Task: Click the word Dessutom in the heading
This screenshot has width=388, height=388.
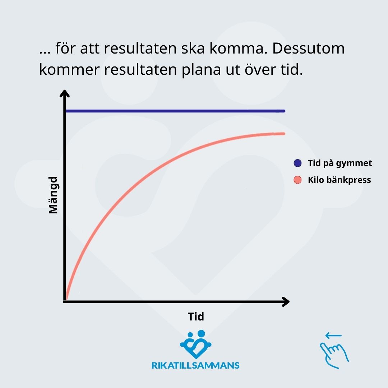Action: pyautogui.click(x=308, y=48)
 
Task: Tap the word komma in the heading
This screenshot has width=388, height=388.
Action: pyautogui.click(x=239, y=48)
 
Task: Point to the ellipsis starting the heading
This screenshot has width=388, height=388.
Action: pyautogui.click(x=45, y=52)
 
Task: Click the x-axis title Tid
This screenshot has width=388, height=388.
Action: pyautogui.click(x=196, y=317)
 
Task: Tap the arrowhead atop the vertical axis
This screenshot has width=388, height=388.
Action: pyautogui.click(x=65, y=93)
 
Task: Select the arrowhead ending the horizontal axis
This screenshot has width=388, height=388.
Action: pyautogui.click(x=286, y=302)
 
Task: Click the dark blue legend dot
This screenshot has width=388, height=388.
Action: pyautogui.click(x=297, y=163)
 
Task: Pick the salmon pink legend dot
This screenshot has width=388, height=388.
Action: pyautogui.click(x=297, y=180)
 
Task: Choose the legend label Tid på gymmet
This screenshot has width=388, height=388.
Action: pyautogui.click(x=340, y=163)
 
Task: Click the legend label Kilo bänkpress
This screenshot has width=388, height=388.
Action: pyautogui.click(x=339, y=180)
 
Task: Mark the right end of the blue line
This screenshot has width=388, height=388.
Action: pyautogui.click(x=284, y=111)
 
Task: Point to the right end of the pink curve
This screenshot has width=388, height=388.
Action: pyautogui.click(x=284, y=134)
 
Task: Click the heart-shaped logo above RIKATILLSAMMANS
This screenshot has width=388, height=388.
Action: pyautogui.click(x=196, y=344)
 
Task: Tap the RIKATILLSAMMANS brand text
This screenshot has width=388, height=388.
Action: pyautogui.click(x=195, y=365)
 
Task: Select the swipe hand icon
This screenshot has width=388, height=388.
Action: pyautogui.click(x=334, y=355)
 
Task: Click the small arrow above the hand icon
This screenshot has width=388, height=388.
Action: pyautogui.click(x=333, y=336)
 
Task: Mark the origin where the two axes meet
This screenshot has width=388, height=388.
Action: pyautogui.click(x=65, y=302)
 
